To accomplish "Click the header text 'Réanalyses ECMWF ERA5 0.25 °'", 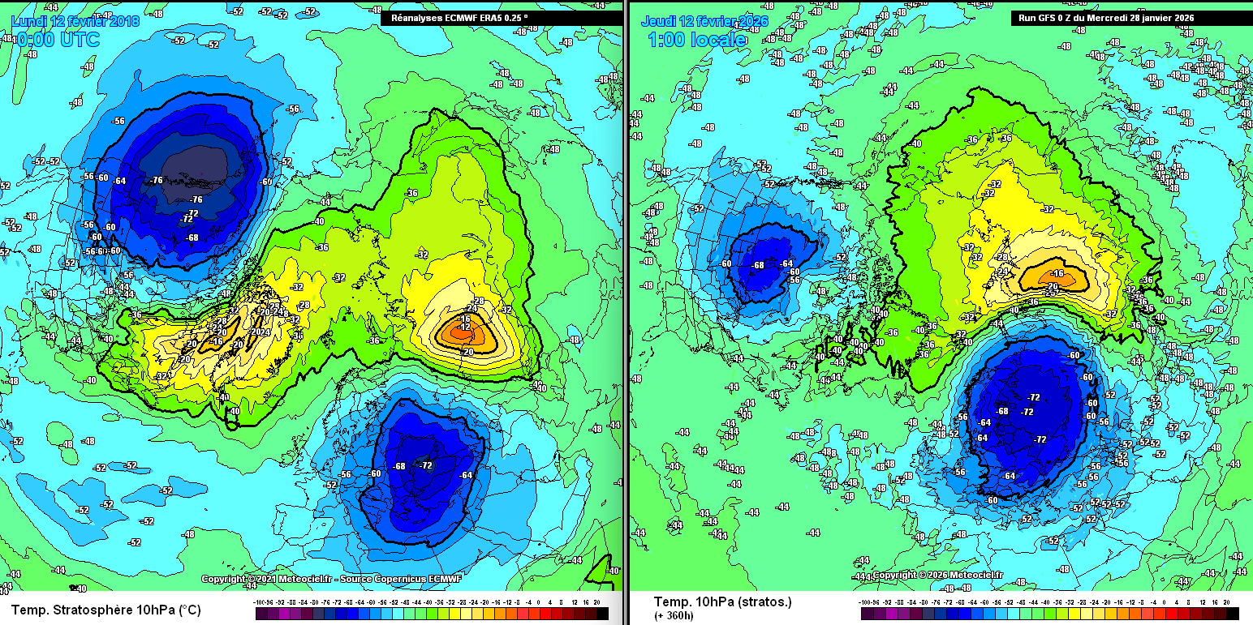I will (459, 17).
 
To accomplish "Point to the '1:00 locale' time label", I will (696, 39).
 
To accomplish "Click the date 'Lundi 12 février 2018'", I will (75, 19).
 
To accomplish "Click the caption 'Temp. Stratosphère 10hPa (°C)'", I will (105, 610).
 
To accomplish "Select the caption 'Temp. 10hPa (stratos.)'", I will (722, 601).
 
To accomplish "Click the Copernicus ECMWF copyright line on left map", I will (321, 580).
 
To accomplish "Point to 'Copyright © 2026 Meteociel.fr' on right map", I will (937, 575).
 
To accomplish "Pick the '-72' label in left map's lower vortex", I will (426, 464).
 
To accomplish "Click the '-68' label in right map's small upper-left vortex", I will (759, 265).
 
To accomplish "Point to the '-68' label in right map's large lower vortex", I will (1003, 411).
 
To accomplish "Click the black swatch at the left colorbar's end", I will (602, 614).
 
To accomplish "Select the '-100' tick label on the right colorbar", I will (869, 603).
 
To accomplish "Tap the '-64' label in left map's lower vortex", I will (466, 475).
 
